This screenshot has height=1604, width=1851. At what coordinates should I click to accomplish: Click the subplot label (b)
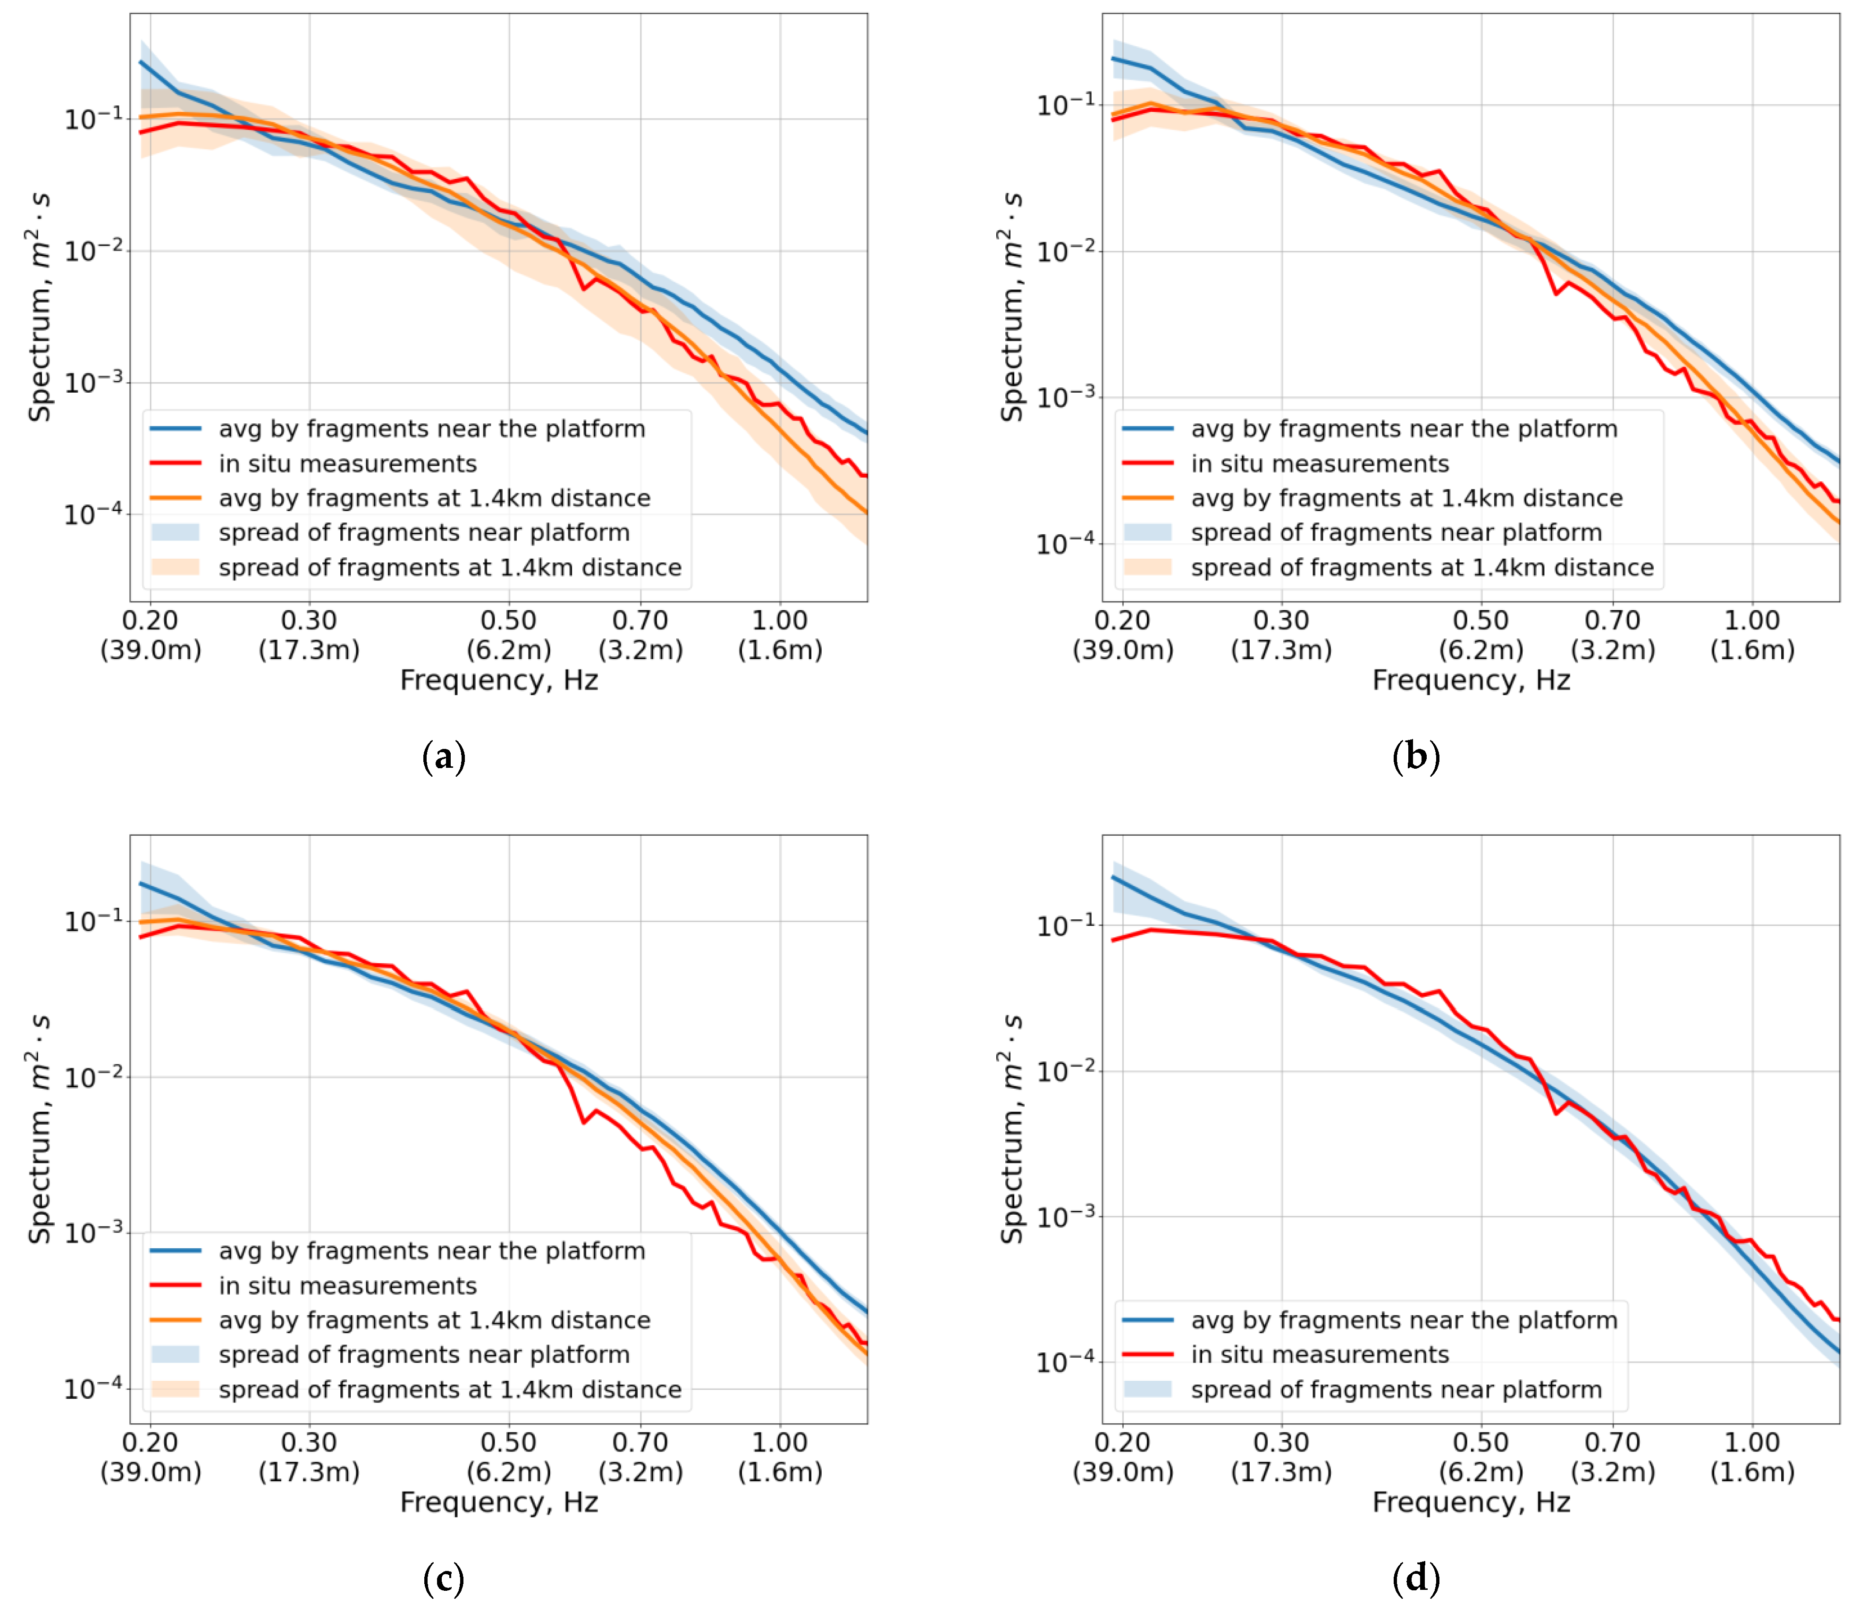point(1416,757)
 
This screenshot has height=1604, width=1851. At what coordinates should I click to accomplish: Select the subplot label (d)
point(1416,1579)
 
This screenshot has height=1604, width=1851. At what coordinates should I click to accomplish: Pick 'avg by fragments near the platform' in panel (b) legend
point(1405,429)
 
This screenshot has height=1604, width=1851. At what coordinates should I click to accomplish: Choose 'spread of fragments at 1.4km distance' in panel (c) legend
point(450,1389)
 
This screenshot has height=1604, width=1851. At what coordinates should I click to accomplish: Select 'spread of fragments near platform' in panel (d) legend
point(1397,1389)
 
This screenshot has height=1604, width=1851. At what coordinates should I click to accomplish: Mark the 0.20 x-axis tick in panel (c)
point(151,1442)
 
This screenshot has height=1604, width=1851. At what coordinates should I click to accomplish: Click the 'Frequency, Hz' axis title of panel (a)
point(498,680)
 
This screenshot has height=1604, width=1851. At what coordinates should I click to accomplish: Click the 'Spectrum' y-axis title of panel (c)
point(39,1129)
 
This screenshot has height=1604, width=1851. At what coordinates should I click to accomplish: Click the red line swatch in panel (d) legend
point(1147,1354)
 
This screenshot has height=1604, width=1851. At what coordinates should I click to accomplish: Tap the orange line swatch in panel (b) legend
point(1147,498)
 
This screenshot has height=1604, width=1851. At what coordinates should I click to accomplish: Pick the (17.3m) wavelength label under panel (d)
point(1281,1471)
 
